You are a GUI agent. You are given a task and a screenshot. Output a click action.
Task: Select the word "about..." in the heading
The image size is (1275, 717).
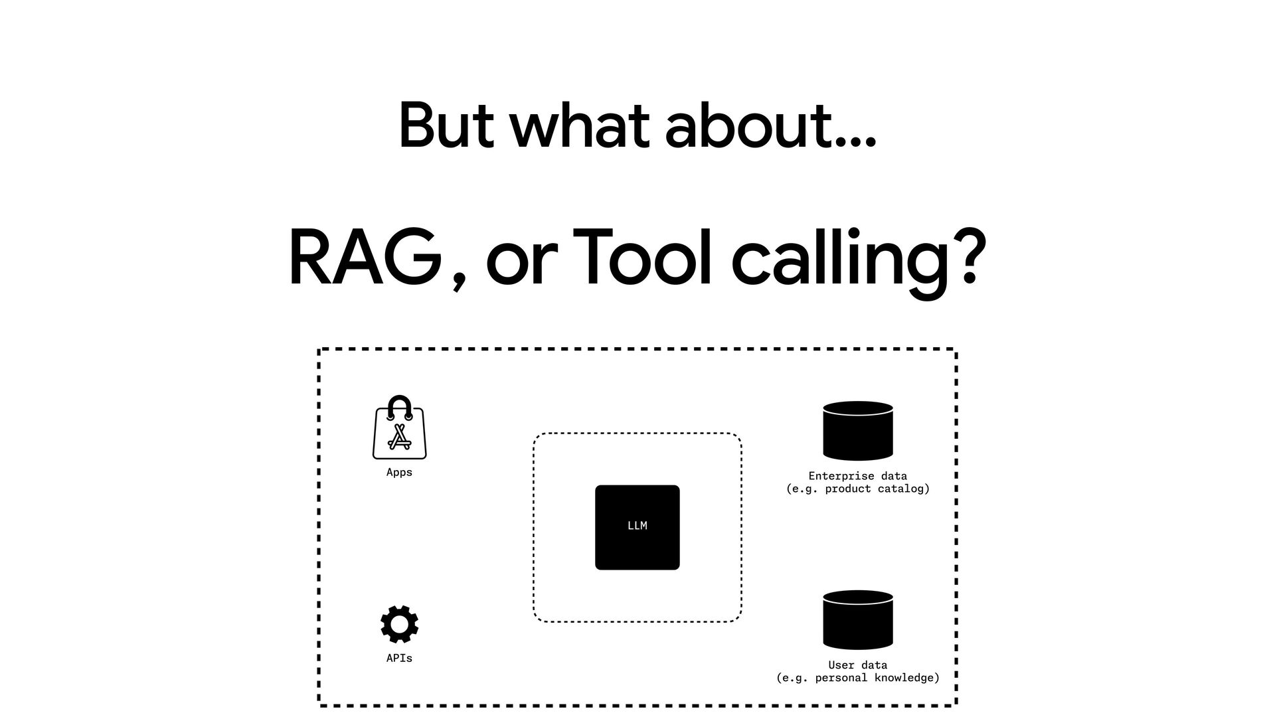(770, 126)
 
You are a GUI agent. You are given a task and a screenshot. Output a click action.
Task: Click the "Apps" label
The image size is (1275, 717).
(399, 473)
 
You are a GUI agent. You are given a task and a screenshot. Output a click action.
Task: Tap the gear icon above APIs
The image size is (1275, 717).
(399, 624)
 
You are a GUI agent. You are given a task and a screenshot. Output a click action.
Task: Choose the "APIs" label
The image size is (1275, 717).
(399, 659)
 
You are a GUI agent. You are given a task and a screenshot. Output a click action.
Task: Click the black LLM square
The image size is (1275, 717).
(637, 527)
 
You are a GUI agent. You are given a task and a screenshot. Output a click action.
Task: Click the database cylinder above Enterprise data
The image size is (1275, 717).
(857, 431)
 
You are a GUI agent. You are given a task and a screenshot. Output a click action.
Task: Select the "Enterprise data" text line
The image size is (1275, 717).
(857, 476)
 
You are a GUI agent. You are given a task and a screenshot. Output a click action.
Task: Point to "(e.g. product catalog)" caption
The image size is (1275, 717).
(857, 489)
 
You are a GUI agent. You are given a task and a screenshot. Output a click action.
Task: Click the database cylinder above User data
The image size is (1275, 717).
(857, 620)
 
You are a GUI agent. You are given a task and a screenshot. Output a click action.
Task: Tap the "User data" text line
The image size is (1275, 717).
(857, 665)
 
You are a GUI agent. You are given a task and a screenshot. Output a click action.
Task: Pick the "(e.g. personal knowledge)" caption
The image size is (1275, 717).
(857, 678)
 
